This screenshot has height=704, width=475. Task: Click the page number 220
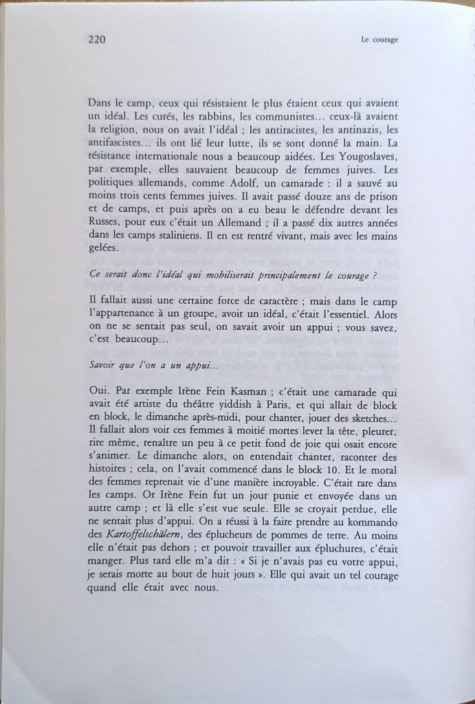coord(96,39)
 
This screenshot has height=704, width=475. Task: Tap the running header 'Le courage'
coord(379,40)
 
